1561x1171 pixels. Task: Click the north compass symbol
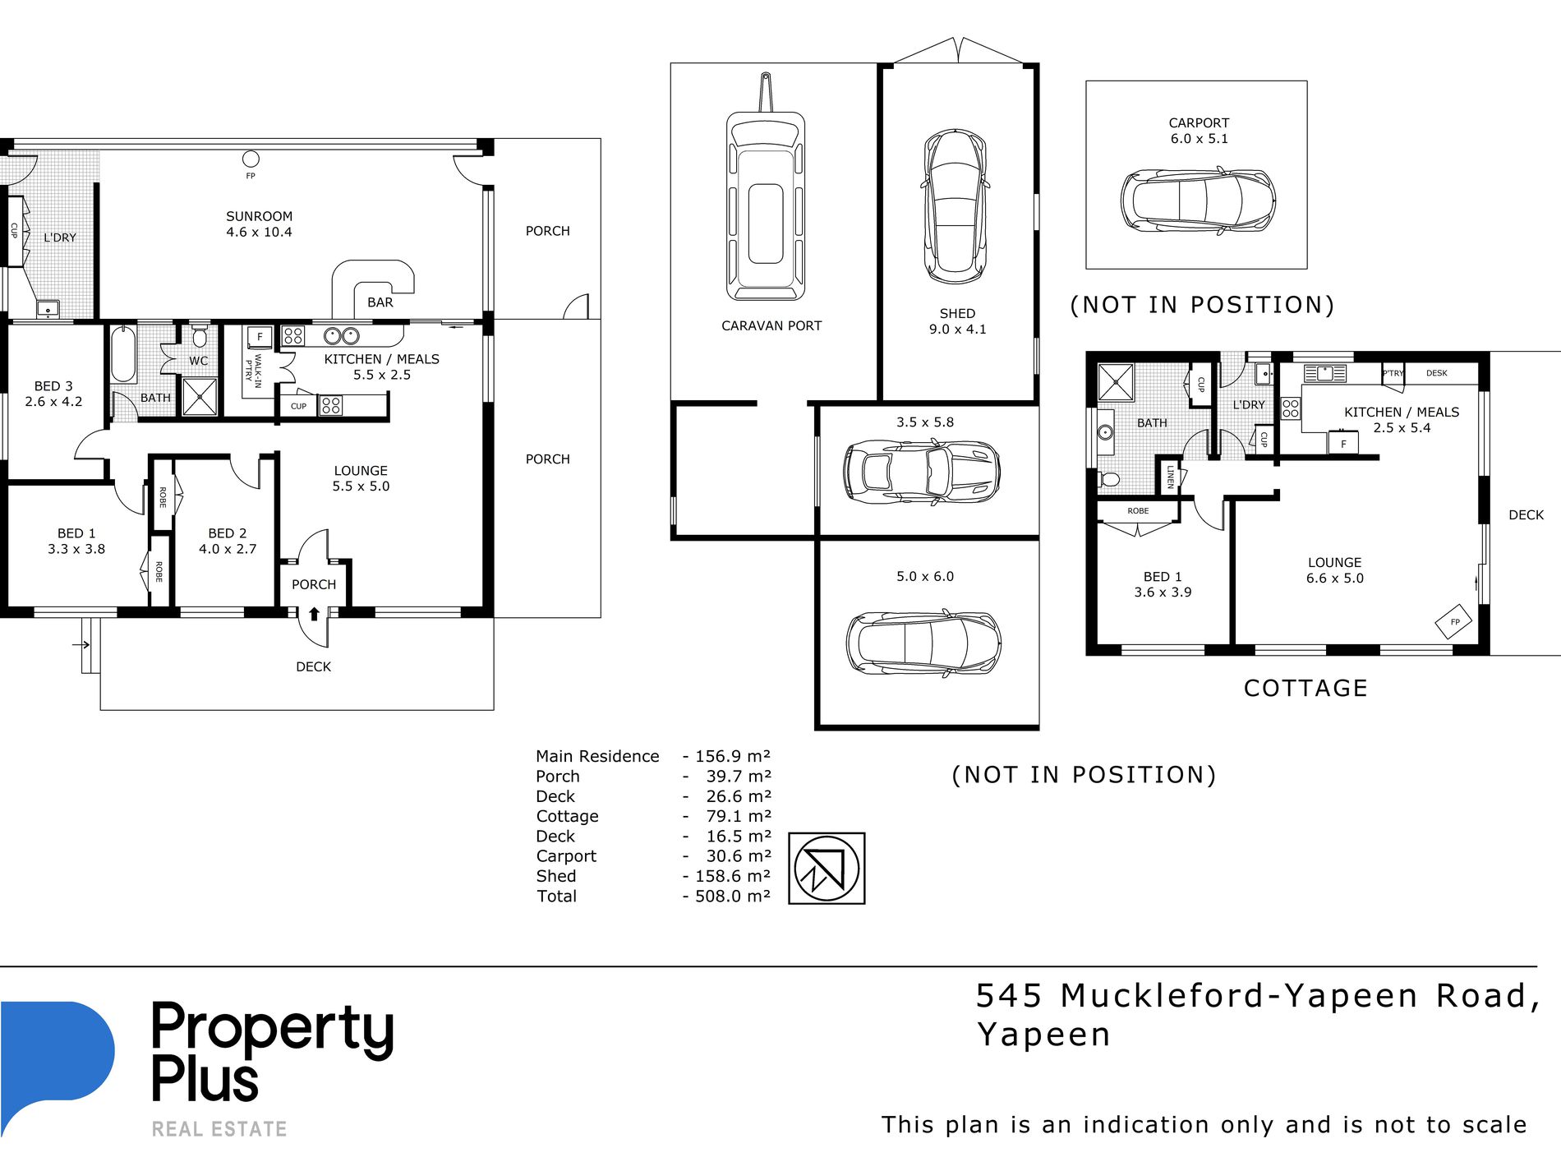pyautogui.click(x=827, y=868)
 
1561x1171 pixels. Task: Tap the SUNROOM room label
pyautogui.click(x=259, y=216)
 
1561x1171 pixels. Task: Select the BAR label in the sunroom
pyautogui.click(x=380, y=302)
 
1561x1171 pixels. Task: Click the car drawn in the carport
pyautogui.click(x=1198, y=201)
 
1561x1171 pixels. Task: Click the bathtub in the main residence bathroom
pyautogui.click(x=123, y=354)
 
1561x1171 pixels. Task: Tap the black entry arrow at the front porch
pyautogui.click(x=314, y=613)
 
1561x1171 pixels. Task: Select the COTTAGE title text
pyautogui.click(x=1305, y=688)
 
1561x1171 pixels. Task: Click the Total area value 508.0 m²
pyautogui.click(x=733, y=896)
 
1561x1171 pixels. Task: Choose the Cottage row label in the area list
pyautogui.click(x=567, y=816)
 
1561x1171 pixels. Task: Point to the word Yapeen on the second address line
pyautogui.click(x=1043, y=1034)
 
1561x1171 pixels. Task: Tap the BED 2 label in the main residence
pyautogui.click(x=228, y=533)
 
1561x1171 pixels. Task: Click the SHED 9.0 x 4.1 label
pyautogui.click(x=957, y=321)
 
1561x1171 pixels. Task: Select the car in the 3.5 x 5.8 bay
pyautogui.click(x=921, y=471)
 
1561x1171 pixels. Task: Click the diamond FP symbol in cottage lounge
pyautogui.click(x=1454, y=622)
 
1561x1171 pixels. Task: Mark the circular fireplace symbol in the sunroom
pyautogui.click(x=251, y=159)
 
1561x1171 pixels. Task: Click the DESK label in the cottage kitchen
pyautogui.click(x=1437, y=373)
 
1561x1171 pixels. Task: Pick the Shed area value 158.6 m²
pyautogui.click(x=733, y=876)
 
